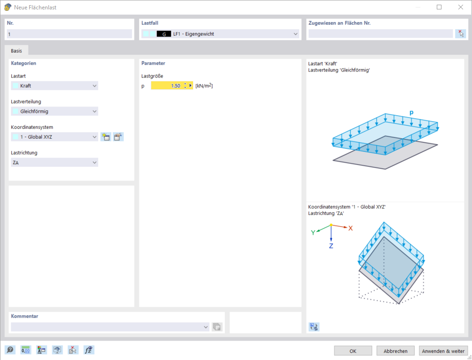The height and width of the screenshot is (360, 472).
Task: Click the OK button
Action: (353, 351)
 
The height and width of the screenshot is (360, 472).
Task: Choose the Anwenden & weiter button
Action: (443, 351)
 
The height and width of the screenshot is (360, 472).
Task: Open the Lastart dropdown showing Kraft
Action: (54, 86)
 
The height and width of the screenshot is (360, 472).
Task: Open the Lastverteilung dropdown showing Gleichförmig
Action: (54, 111)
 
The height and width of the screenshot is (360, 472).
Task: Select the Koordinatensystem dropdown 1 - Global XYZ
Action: (54, 137)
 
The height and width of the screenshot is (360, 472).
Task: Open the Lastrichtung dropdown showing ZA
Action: (54, 163)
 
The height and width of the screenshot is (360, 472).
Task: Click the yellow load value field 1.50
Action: (167, 86)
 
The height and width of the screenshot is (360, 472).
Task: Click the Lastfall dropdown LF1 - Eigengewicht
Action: (220, 34)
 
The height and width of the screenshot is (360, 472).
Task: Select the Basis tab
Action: (16, 51)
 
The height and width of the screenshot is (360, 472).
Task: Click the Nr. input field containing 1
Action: (69, 34)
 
